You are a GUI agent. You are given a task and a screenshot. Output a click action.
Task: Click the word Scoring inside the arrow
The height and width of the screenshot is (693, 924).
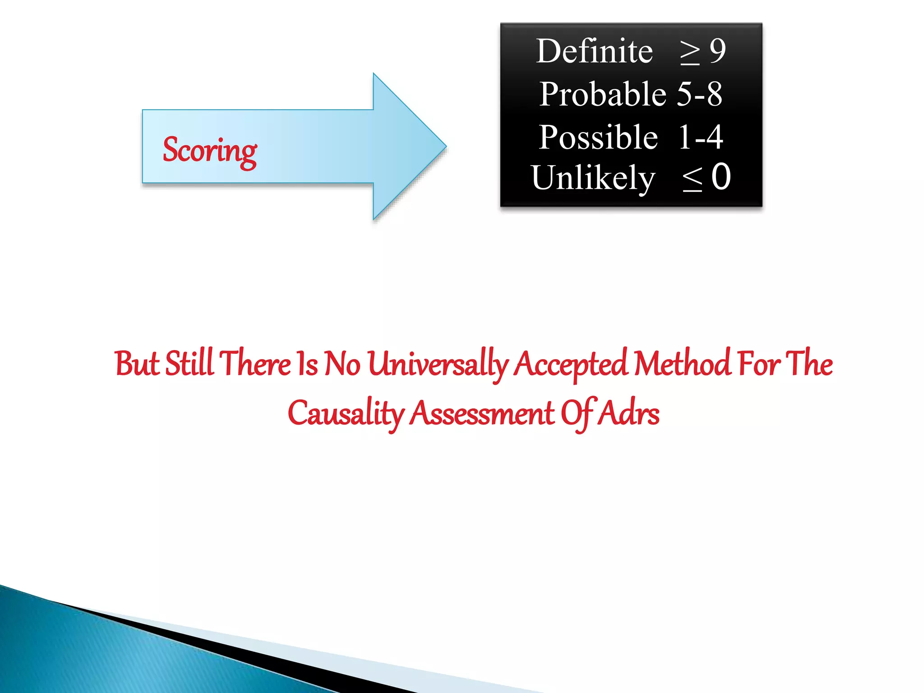coord(210,151)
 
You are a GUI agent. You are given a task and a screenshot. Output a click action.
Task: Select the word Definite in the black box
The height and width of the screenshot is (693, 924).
coord(594,51)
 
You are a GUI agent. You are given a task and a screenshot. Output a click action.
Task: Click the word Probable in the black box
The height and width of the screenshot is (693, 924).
coord(602,94)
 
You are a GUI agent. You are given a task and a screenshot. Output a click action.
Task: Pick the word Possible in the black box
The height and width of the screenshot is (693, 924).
coord(598,137)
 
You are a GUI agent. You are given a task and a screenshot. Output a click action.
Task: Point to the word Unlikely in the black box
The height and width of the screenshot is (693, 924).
coord(592,178)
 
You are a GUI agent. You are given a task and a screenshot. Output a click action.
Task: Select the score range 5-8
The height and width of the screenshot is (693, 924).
coord(699,94)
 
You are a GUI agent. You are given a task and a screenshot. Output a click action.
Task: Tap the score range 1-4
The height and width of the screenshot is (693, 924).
coord(701,137)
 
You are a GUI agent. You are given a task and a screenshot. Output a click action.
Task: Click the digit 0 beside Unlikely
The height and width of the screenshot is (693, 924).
coord(721,177)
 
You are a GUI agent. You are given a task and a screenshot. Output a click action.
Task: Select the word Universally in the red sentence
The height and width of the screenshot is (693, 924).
coord(438,365)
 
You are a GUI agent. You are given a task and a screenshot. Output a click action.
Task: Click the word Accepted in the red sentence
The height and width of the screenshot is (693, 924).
coord(571,365)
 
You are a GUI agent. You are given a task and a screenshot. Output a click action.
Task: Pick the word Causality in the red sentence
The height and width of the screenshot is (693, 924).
coord(346,414)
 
